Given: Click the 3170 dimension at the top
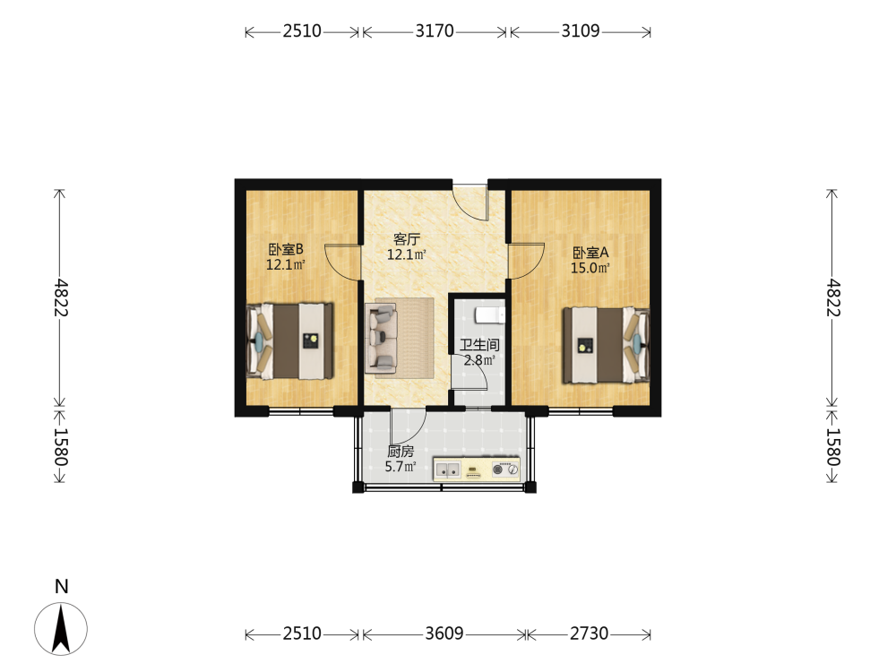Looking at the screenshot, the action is (x=435, y=30).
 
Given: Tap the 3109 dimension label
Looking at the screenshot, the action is (x=580, y=30).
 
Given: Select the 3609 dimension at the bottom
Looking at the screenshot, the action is (x=444, y=633).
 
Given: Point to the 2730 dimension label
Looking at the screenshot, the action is (x=590, y=633).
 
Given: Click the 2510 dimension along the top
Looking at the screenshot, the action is (x=302, y=30).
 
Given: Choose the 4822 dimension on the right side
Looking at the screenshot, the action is (x=833, y=297).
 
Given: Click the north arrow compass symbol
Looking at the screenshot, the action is (x=61, y=629).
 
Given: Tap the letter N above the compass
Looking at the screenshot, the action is (x=61, y=586).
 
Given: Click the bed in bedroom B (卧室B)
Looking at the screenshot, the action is (x=289, y=341).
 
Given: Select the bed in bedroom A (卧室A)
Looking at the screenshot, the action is (x=607, y=345).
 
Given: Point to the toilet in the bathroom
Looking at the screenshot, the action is (x=490, y=314).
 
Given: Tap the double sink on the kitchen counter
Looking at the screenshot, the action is (x=448, y=470).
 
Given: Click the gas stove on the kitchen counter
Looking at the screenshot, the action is (x=505, y=470).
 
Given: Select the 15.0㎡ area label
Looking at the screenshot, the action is (x=590, y=268).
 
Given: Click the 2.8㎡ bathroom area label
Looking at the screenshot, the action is (x=478, y=360).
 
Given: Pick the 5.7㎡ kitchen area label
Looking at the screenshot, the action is (x=400, y=466).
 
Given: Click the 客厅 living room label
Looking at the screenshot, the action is (x=407, y=239).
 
